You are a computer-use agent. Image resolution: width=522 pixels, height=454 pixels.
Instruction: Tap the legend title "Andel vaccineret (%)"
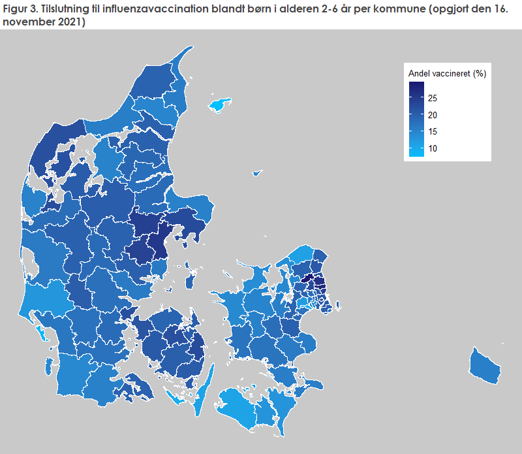coord(447,73)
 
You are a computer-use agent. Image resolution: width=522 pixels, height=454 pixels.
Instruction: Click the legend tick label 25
coord(433,98)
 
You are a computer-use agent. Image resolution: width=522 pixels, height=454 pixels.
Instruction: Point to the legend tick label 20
coord(433,115)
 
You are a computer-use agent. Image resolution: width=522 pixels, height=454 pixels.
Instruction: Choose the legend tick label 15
coord(433,132)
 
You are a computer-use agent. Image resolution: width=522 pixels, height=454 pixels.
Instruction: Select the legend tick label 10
coord(433,149)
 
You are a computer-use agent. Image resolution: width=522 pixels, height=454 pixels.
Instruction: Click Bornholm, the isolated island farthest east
coord(485,366)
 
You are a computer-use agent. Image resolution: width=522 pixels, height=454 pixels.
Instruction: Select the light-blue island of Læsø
coord(220,105)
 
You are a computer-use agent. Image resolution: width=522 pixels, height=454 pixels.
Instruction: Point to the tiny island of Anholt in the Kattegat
coord(257,173)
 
